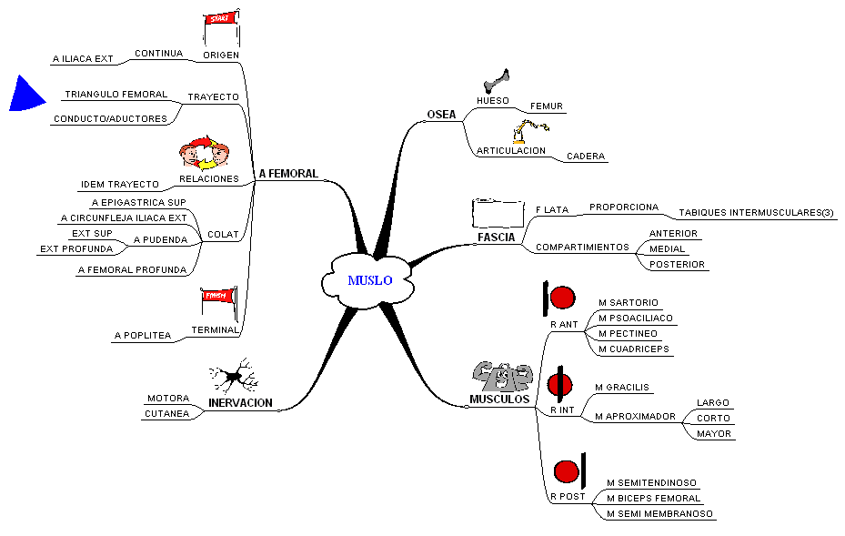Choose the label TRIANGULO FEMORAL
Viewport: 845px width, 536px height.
point(116,95)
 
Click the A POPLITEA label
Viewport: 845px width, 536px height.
point(142,336)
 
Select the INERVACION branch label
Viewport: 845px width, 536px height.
point(240,402)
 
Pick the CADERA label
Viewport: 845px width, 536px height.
point(586,157)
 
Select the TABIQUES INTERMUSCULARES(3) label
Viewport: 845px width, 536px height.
point(756,213)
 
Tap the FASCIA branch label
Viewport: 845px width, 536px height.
point(496,238)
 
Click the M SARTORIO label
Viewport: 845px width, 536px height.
point(628,302)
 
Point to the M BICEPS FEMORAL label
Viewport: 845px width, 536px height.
point(653,498)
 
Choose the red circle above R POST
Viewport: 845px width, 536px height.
point(566,471)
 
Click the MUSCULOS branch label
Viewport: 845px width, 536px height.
point(499,399)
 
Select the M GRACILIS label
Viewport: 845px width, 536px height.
point(621,387)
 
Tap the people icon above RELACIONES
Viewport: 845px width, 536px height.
point(206,152)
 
